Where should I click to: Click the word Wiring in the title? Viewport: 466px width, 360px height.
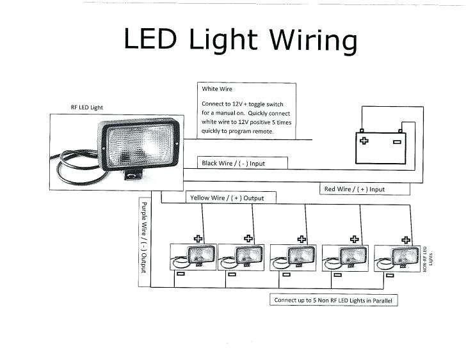(x=313, y=41)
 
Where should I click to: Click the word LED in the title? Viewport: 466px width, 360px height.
(x=150, y=38)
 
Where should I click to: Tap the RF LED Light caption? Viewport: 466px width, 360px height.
(x=87, y=107)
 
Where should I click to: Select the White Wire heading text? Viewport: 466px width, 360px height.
(x=217, y=89)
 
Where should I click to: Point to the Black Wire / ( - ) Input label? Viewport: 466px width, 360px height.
(x=233, y=163)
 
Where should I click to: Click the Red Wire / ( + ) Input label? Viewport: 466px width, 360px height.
(x=355, y=189)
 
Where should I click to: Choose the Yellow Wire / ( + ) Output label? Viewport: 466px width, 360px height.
(x=227, y=198)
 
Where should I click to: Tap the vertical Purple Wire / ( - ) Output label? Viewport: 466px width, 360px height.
(x=144, y=237)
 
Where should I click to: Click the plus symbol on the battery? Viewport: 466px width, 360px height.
(x=364, y=141)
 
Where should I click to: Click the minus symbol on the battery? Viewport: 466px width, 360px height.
(x=397, y=142)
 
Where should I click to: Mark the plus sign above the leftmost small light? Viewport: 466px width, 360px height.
(x=198, y=239)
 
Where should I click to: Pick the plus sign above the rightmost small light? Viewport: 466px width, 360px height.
(x=406, y=240)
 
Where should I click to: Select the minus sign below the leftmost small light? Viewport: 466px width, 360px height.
(x=181, y=274)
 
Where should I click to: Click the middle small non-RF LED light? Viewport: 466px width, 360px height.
(x=293, y=258)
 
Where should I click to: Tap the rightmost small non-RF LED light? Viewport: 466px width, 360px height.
(x=397, y=258)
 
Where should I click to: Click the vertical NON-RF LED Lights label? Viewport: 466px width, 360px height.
(x=428, y=259)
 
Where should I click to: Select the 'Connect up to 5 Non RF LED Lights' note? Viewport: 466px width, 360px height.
(x=333, y=301)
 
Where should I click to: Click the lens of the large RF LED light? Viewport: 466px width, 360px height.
(x=140, y=145)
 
